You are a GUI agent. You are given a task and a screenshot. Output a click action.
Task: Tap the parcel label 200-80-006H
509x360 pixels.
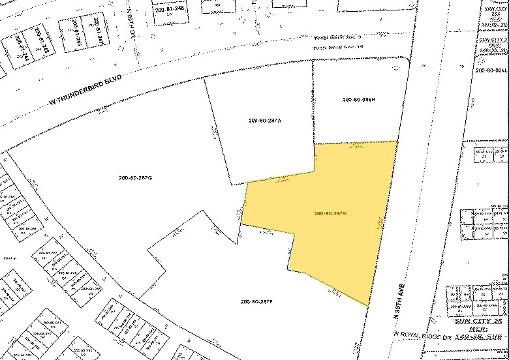pyautogui.click(x=358, y=99)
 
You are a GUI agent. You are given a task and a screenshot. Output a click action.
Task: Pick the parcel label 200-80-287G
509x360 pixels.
pyautogui.click(x=135, y=178)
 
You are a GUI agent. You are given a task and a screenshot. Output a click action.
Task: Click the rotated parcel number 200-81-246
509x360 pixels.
pyautogui.click(x=76, y=33)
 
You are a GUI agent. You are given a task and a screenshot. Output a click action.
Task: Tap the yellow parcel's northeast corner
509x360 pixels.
pyautogui.click(x=397, y=141)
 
